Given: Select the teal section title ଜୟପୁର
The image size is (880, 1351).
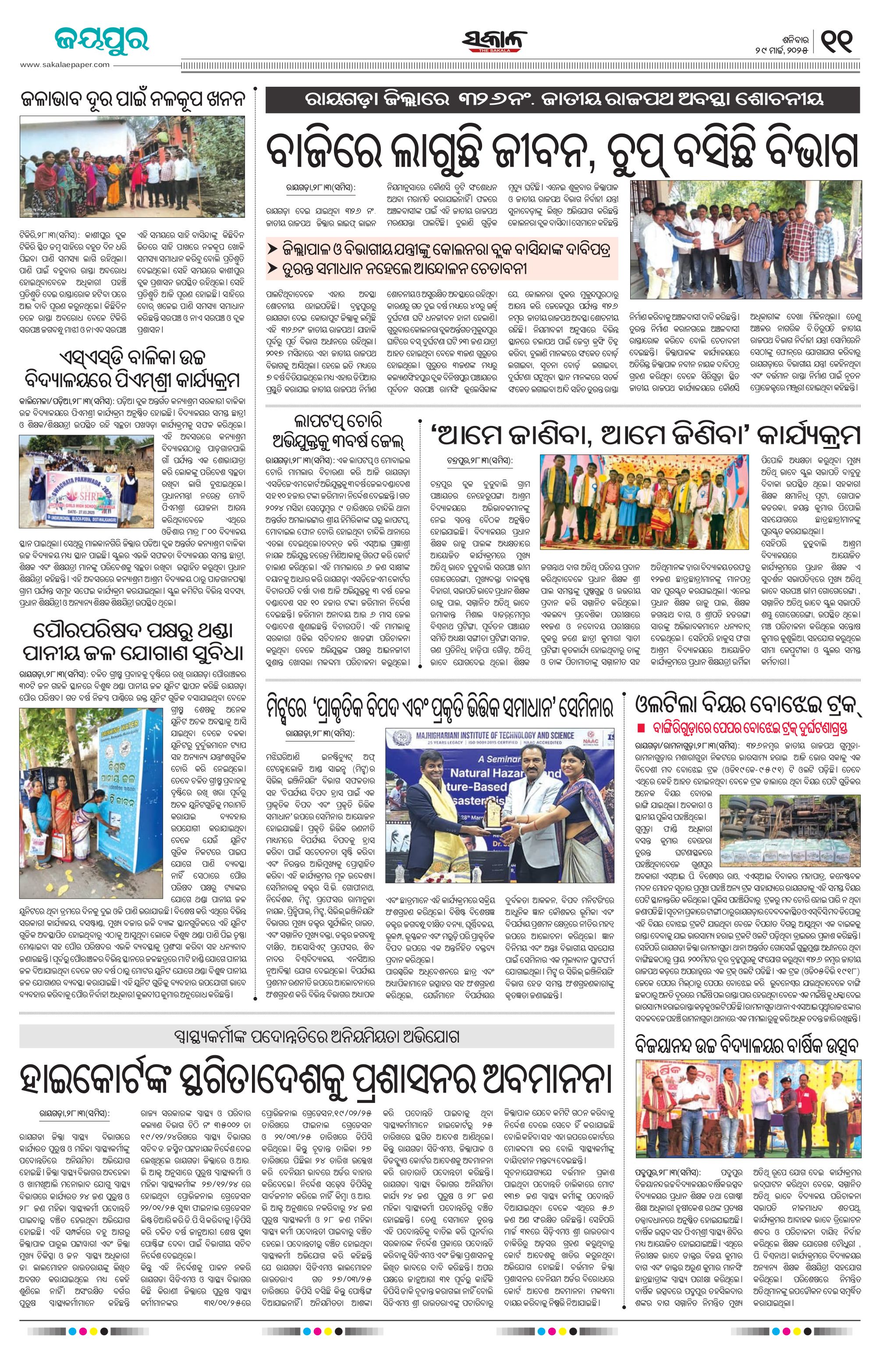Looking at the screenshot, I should click(102, 40).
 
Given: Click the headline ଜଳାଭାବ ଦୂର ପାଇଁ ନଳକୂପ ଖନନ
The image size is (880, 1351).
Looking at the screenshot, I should click(132, 99).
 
